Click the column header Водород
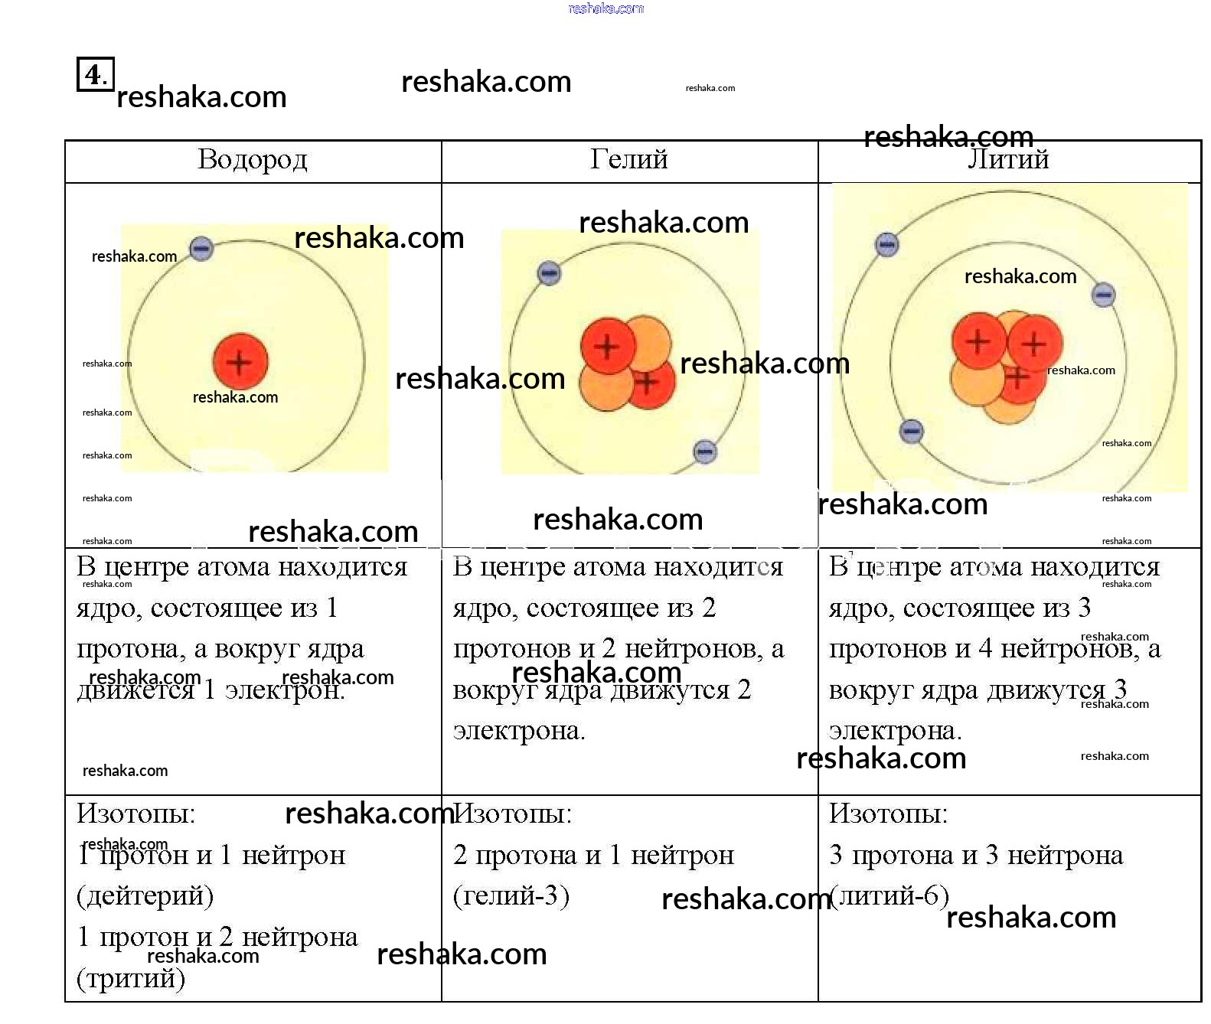pos(252,160)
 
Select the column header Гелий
pos(628,160)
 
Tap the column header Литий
pos(1008,160)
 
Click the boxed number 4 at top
pos(94,74)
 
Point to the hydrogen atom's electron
pos(201,248)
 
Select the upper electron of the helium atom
pos(549,272)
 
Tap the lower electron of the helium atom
pos(704,452)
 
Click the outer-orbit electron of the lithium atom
pos(886,245)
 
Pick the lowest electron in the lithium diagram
pos(911,431)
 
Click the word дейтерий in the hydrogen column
pos(145,895)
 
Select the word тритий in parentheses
pos(131,978)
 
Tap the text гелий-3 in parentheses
pos(511,895)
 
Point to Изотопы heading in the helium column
pos(512,814)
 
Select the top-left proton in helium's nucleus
pos(607,347)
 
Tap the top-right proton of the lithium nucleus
pos(1033,344)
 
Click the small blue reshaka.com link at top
pos(605,8)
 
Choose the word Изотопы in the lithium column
pos(888,814)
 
